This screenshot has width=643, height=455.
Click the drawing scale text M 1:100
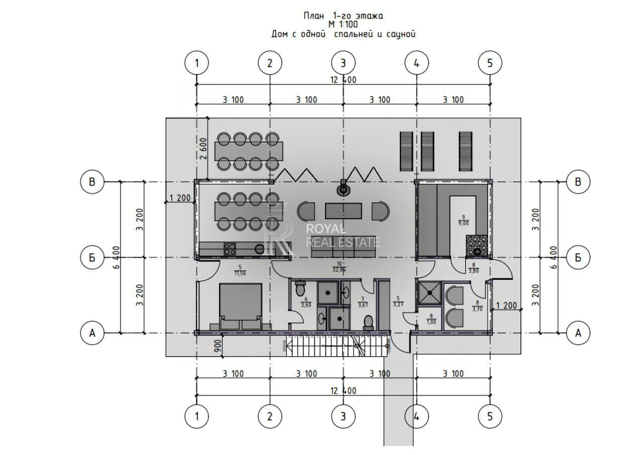click(x=343, y=25)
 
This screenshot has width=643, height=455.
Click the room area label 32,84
click(x=341, y=269)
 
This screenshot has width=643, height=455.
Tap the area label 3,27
click(x=398, y=304)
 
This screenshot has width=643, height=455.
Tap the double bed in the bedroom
click(x=240, y=304)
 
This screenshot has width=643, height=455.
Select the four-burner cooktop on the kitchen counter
click(x=230, y=248)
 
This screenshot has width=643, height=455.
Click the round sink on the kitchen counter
click(x=260, y=249)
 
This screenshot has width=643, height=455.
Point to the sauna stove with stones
click(x=476, y=246)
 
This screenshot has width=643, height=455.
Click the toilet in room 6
click(x=300, y=289)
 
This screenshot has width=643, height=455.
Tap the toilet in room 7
click(x=368, y=322)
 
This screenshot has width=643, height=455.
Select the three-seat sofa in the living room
click(x=336, y=249)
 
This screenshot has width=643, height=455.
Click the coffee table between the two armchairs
click(x=343, y=211)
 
